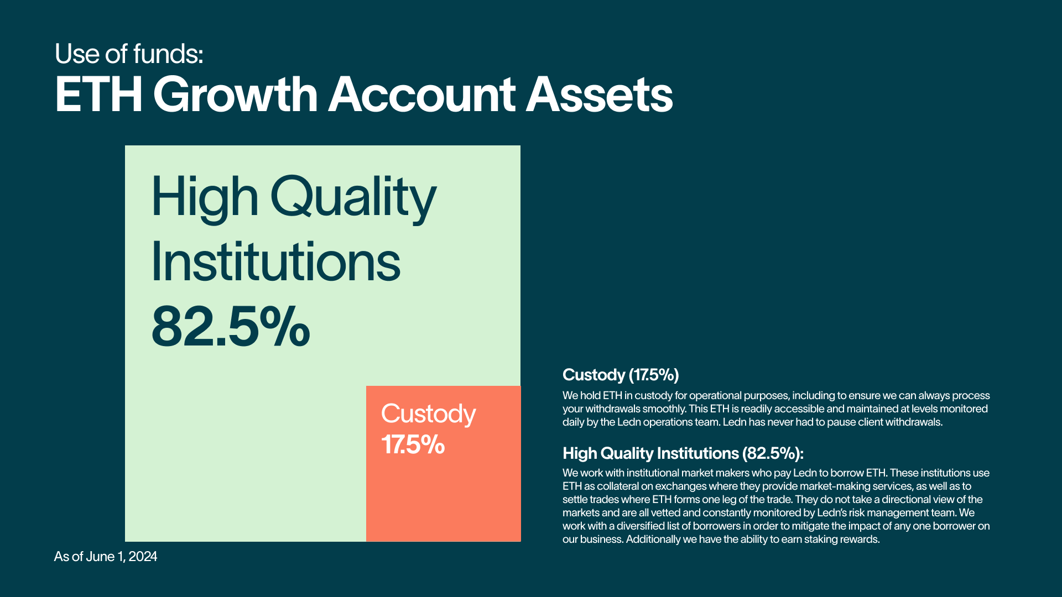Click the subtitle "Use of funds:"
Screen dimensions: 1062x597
pos(129,54)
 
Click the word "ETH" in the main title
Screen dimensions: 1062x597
pos(99,95)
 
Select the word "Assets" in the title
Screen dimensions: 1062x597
pos(599,95)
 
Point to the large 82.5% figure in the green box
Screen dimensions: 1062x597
pos(231,327)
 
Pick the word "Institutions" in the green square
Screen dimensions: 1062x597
pos(276,261)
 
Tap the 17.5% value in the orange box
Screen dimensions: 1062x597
pos(413,444)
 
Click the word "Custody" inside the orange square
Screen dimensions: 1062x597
pos(429,415)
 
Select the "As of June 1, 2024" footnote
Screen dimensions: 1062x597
pos(106,557)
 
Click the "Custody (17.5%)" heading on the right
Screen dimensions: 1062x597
pos(621,375)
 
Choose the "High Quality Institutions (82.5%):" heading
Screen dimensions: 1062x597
pos(683,453)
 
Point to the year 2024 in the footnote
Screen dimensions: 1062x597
pos(143,557)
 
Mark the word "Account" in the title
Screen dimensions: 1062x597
pos(422,95)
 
